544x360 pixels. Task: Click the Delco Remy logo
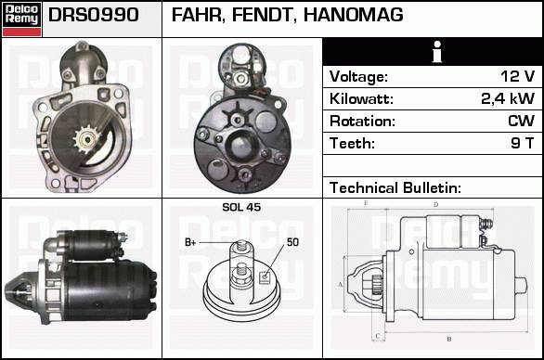click(21, 19)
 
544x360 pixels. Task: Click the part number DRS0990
click(94, 15)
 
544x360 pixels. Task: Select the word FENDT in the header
click(262, 15)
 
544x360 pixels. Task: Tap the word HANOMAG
click(353, 15)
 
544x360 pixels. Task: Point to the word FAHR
click(197, 15)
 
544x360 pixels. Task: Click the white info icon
click(437, 52)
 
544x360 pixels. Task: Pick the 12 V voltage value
click(518, 76)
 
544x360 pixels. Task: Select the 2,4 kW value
click(508, 98)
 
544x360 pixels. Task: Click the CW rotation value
click(522, 121)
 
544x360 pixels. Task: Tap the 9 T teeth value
click(523, 143)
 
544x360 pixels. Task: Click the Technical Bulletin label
click(395, 187)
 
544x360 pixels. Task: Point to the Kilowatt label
click(361, 98)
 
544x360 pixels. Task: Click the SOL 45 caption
click(241, 207)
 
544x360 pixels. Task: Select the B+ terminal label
click(190, 242)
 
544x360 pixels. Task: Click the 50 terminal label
click(292, 242)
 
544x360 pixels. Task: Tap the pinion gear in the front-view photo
click(86, 139)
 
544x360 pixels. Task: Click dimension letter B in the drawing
click(449, 339)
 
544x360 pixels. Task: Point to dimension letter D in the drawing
click(436, 205)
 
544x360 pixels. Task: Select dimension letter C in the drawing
click(378, 336)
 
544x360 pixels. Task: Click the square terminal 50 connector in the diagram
click(265, 276)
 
